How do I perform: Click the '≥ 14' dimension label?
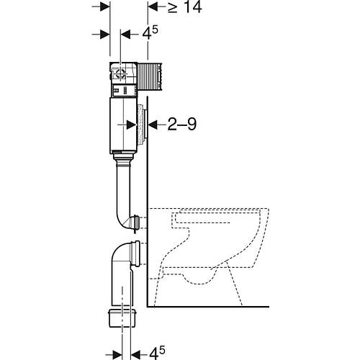click(184, 7)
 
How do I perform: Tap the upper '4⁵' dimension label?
click(150, 33)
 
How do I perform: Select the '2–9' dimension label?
click(182, 125)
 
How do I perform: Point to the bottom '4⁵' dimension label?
click(157, 353)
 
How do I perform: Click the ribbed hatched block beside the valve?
click(150, 77)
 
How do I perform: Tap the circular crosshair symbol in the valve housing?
click(121, 73)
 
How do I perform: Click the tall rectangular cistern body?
click(123, 125)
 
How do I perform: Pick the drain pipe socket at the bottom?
click(122, 318)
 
